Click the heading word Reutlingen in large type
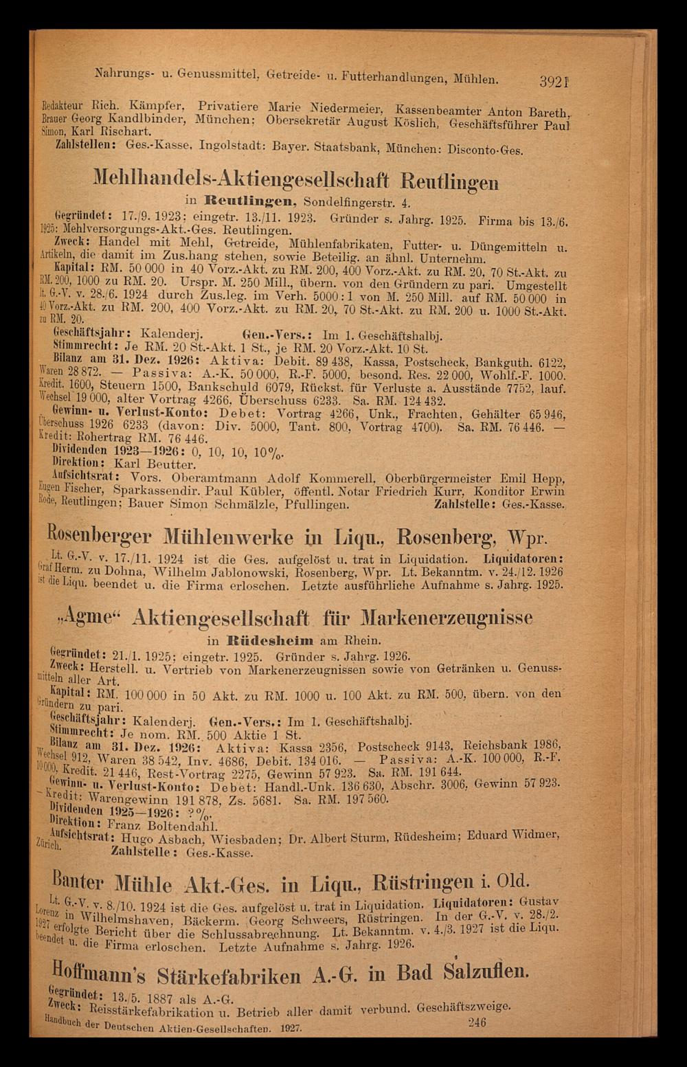pyautogui.click(x=449, y=182)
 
